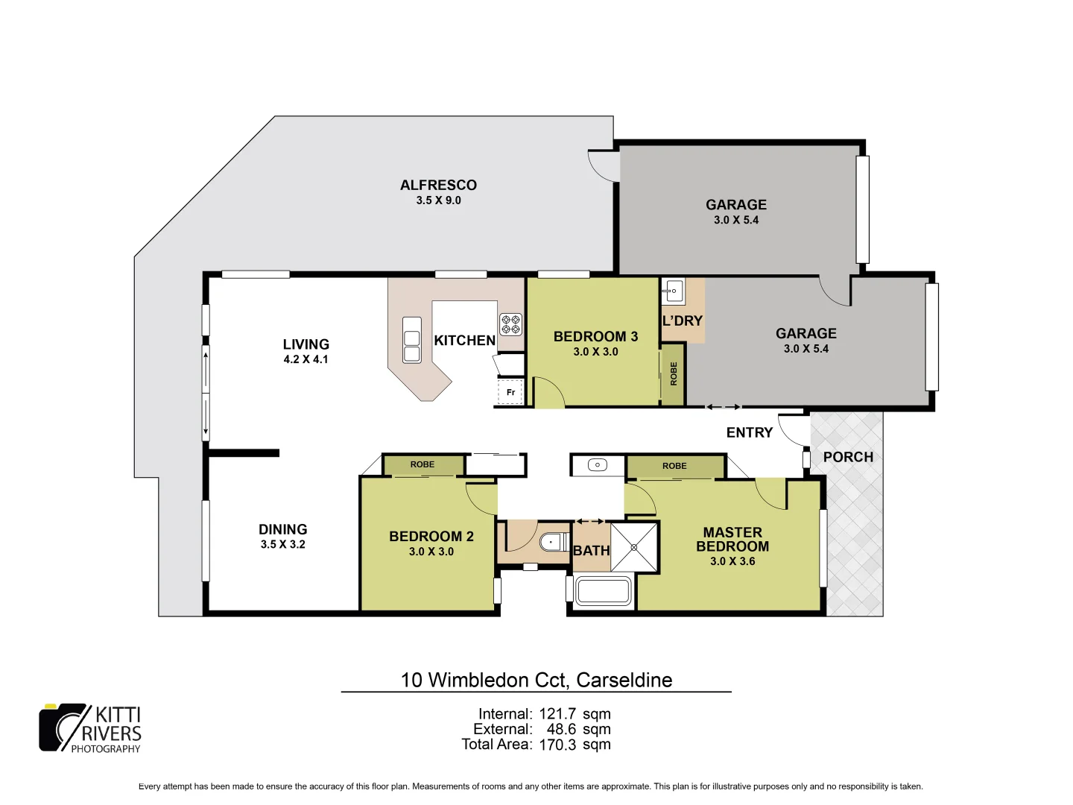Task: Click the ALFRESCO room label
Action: click(x=438, y=186)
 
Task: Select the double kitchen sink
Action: click(x=411, y=340)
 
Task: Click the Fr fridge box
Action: click(x=510, y=391)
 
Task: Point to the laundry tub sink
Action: click(x=674, y=291)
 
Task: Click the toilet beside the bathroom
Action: click(x=553, y=541)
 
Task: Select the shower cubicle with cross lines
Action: click(x=634, y=547)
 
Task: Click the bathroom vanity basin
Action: click(x=598, y=465)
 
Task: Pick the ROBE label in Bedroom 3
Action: click(x=674, y=373)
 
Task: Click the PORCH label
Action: click(x=848, y=457)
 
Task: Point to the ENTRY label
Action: click(x=750, y=432)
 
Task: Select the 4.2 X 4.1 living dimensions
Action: click(x=306, y=359)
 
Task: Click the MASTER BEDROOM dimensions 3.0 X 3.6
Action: click(x=732, y=561)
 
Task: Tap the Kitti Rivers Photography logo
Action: click(x=90, y=728)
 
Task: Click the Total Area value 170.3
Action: click(x=557, y=745)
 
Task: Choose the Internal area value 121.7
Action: click(x=557, y=714)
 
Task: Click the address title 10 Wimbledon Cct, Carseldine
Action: click(x=536, y=680)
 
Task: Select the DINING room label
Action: click(x=283, y=529)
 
